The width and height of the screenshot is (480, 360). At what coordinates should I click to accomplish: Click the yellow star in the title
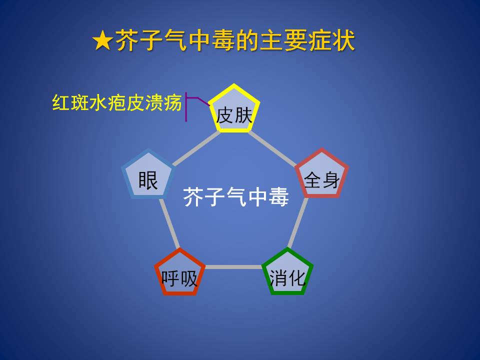coord(103,40)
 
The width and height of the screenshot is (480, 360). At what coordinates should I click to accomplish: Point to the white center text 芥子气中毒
coord(235,197)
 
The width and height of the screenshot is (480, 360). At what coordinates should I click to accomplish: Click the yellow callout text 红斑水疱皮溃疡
coord(117,102)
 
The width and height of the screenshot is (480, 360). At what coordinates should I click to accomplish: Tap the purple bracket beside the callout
coord(186,106)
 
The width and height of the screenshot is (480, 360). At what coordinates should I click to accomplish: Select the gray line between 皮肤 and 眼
coord(196,148)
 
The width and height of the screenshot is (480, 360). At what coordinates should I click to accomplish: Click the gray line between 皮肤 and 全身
coord(272,148)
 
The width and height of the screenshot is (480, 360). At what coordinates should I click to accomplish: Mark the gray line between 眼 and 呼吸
coord(169,223)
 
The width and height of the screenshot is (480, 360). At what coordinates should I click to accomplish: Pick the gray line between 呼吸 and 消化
coord(233,267)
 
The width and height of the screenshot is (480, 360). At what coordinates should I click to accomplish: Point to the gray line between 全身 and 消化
coord(298,223)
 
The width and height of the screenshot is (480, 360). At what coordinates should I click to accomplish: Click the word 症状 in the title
coord(331,40)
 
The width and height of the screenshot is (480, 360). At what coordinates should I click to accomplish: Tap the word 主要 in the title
coord(284,40)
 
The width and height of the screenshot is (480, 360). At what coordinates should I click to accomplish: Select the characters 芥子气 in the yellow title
coord(151,40)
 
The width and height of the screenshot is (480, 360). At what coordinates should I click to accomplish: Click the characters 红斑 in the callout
coord(70,102)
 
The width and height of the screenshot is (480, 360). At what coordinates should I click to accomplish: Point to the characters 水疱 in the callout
coord(108,102)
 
